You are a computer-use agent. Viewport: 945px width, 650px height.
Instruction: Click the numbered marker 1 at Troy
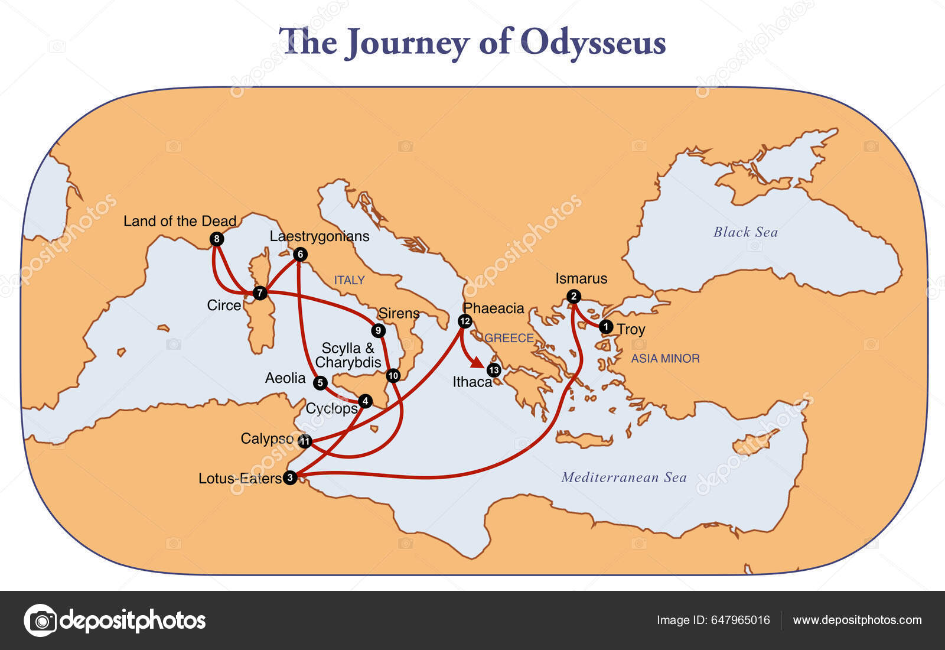click(605, 326)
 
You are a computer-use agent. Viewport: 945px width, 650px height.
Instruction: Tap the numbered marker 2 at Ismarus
click(573, 296)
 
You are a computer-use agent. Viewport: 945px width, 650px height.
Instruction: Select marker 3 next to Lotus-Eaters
click(289, 477)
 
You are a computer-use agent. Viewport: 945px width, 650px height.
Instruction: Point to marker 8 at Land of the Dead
click(217, 239)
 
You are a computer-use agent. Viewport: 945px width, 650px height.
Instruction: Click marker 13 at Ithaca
click(494, 370)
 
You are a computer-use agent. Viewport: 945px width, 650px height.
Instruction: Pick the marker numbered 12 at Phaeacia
click(465, 321)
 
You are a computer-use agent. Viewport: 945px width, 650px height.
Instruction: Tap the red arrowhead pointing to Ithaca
click(478, 363)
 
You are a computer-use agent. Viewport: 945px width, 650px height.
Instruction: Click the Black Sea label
click(745, 232)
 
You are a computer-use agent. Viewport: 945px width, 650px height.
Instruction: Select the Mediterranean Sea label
click(624, 477)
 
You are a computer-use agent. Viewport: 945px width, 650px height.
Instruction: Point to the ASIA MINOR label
click(665, 358)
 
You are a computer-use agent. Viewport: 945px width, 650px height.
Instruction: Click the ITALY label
click(349, 280)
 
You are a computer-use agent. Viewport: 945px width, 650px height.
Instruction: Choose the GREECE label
click(509, 338)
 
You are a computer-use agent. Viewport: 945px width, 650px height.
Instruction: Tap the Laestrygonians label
click(320, 236)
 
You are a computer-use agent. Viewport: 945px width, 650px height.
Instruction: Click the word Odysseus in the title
click(593, 43)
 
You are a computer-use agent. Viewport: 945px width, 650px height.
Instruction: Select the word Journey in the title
click(408, 43)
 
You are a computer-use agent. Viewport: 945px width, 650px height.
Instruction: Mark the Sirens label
click(399, 313)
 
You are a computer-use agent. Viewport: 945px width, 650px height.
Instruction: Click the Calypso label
click(267, 438)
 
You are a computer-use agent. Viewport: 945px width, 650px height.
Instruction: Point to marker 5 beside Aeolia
click(320, 383)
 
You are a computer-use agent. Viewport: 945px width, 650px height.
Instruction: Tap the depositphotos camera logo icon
click(40, 620)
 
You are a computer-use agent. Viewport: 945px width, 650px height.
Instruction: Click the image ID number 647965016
click(740, 620)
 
